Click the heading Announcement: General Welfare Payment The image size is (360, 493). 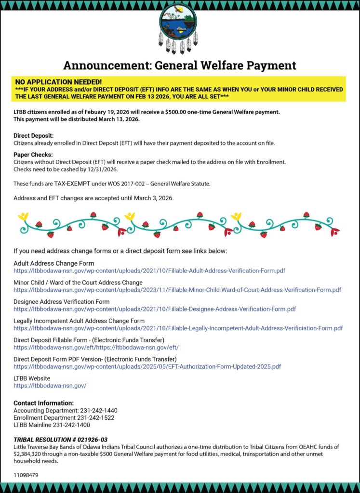click(x=180, y=65)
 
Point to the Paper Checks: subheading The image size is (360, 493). click(x=33, y=155)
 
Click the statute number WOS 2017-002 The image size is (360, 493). click(x=119, y=183)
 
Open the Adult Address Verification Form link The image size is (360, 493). click(x=149, y=271)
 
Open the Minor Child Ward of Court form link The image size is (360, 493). click(x=177, y=290)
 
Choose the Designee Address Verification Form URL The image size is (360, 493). click(x=155, y=309)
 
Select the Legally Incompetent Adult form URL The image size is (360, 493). click(x=178, y=328)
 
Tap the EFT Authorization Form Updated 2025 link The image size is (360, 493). click(x=147, y=366)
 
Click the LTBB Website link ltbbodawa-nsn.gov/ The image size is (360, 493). click(x=50, y=386)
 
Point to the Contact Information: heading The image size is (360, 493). click(x=43, y=403)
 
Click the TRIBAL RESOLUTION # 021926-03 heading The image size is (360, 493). click(x=60, y=440)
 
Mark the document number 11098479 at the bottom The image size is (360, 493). click(x=26, y=475)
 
